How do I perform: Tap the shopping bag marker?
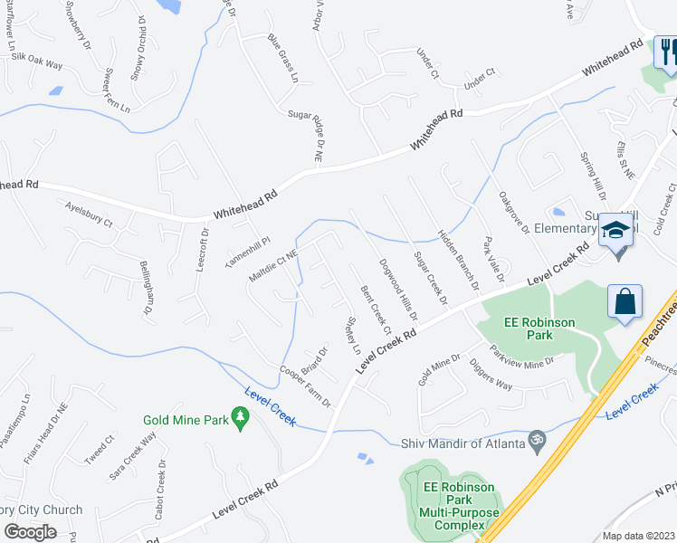point(625,303)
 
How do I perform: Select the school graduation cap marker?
point(615,233)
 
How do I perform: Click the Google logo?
point(30,531)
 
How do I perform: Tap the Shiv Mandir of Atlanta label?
point(462,443)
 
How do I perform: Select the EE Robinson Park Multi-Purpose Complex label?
point(459,506)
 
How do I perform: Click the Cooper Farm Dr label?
point(305,386)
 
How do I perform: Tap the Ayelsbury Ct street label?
point(89,214)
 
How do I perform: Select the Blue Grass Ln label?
point(282,59)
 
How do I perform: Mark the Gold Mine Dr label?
point(439,369)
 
